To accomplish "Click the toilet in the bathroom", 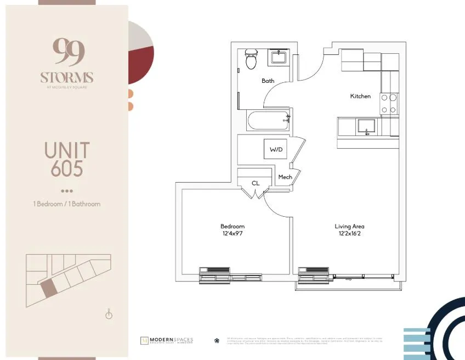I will click(251, 59).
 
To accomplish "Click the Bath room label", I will click(268, 81).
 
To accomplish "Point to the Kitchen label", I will click(360, 96).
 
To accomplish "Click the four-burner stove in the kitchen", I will click(389, 104).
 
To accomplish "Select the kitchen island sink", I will click(366, 127).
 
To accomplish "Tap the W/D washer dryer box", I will click(275, 149).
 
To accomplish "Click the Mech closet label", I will click(285, 177).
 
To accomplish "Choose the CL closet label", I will click(256, 183).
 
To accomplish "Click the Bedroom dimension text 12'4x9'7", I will click(232, 234).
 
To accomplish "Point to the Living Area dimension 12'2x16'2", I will click(349, 234).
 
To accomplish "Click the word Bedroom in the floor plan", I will click(232, 226).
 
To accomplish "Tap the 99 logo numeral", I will click(68, 52).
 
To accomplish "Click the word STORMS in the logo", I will click(67, 77).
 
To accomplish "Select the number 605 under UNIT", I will click(67, 168).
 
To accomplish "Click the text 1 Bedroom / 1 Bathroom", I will click(67, 204).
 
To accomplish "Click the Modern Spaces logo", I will click(167, 340).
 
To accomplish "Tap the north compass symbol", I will click(109, 314).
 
